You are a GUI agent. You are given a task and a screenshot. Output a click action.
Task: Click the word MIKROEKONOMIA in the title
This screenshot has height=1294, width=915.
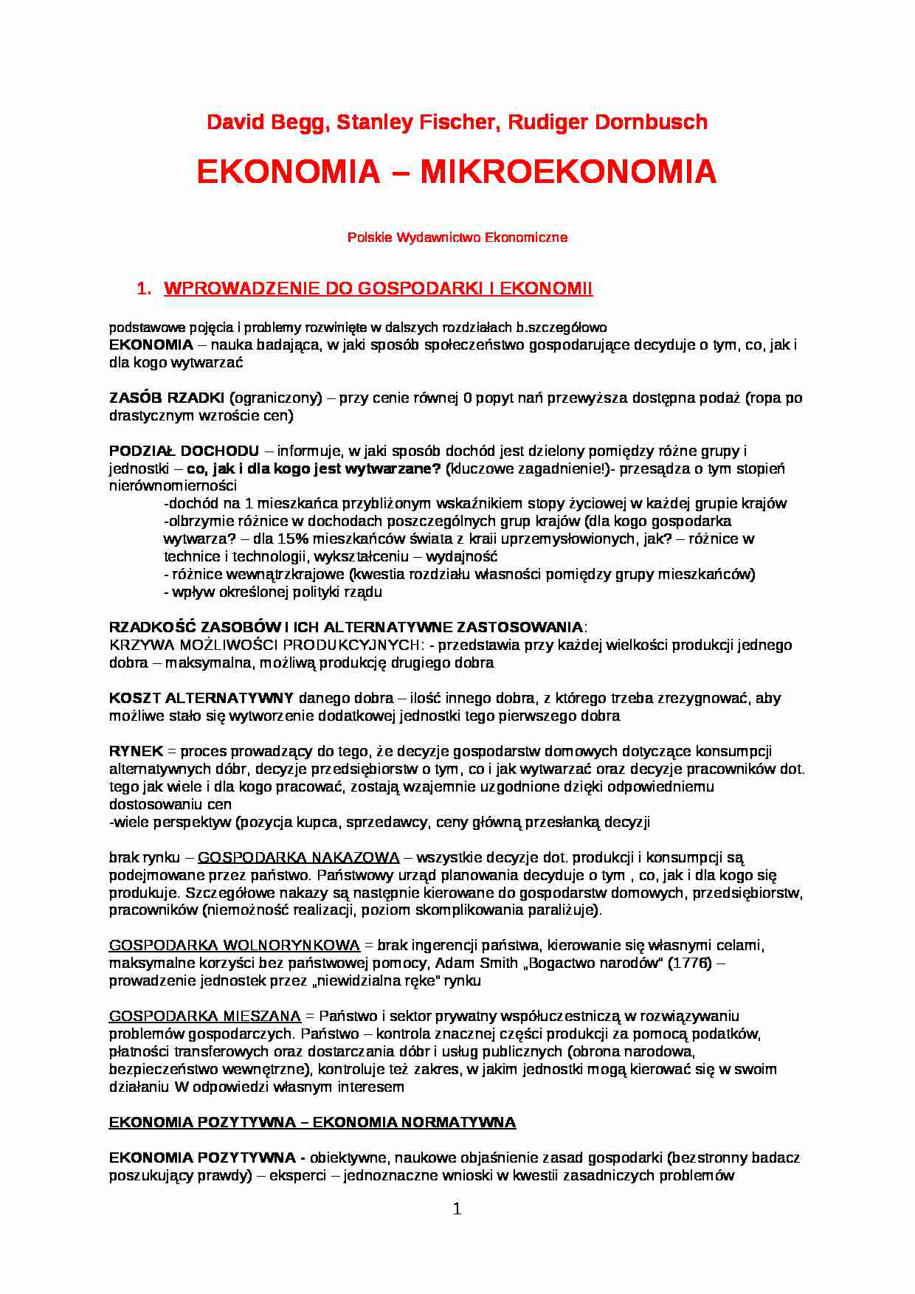pyautogui.click(x=568, y=173)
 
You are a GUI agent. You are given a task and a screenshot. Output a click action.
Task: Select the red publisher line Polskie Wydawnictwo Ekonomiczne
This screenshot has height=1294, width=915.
pyautogui.click(x=457, y=238)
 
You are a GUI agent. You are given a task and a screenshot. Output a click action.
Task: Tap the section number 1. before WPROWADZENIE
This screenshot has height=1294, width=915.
pyautogui.click(x=144, y=289)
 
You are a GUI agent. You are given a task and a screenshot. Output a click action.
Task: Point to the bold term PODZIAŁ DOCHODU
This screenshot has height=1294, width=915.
pyautogui.click(x=184, y=451)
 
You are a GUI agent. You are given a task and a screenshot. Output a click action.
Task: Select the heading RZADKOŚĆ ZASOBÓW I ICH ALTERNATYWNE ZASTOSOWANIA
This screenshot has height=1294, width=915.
pyautogui.click(x=345, y=628)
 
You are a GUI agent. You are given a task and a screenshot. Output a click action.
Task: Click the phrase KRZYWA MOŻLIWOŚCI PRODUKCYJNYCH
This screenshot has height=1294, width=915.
pyautogui.click(x=266, y=646)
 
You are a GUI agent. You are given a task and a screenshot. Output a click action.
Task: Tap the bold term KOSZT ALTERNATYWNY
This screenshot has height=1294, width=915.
pyautogui.click(x=201, y=698)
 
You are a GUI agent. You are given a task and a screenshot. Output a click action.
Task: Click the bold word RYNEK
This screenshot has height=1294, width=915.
pyautogui.click(x=136, y=752)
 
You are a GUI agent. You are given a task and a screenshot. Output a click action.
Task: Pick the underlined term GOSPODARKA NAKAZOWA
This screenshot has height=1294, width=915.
pyautogui.click(x=298, y=858)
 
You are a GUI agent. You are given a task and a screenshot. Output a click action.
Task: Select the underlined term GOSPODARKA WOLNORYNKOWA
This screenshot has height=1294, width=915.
pyautogui.click(x=234, y=946)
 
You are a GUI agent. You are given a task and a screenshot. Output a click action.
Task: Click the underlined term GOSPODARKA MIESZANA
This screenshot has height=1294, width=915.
pyautogui.click(x=204, y=1017)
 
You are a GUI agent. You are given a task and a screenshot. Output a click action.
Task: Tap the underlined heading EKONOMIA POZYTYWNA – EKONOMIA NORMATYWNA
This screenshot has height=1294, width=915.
pyautogui.click(x=312, y=1123)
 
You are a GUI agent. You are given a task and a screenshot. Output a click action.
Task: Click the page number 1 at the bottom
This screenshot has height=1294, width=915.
pyautogui.click(x=457, y=1209)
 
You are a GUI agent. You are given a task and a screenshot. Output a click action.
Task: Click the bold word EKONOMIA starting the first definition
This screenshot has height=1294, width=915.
pyautogui.click(x=151, y=345)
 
